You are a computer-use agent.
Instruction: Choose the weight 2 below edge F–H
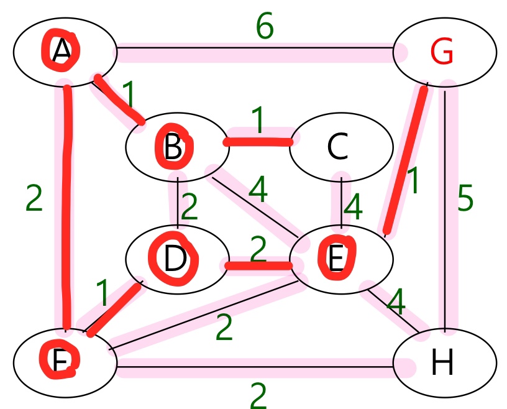(x=258, y=395)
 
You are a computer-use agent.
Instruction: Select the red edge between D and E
(x=258, y=267)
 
